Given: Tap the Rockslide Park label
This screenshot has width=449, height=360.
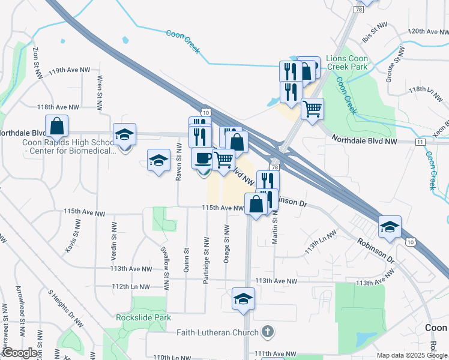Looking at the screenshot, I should (144, 318).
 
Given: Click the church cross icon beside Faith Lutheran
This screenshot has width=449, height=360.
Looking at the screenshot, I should (268, 332).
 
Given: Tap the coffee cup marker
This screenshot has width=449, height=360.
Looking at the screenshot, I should (202, 158).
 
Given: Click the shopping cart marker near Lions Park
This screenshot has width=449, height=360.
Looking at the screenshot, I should (312, 109).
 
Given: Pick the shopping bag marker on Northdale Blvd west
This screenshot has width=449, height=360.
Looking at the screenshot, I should (56, 126).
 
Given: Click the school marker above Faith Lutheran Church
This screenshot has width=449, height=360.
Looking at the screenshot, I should (243, 299).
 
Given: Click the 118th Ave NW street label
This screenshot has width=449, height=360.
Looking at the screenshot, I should (58, 107).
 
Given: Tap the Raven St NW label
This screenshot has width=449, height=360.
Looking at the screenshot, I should (178, 163).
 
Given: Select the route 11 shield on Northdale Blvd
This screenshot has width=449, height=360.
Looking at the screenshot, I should (420, 142).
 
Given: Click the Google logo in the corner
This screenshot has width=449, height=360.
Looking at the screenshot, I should (19, 353).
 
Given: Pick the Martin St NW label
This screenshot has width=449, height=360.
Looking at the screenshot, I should (275, 230).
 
